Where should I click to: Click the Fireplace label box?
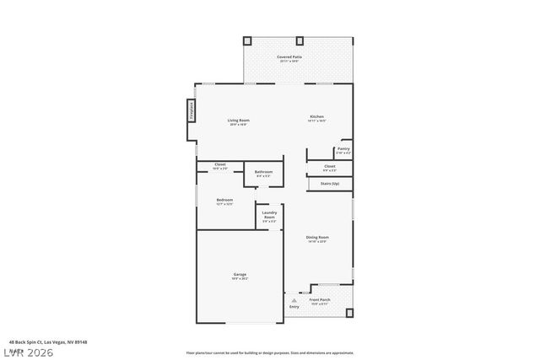pos(192,111)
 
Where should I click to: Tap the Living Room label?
pos(238,121)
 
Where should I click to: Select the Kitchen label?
pos(316,117)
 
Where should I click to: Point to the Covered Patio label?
pos(289,57)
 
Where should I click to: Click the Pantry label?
pos(343,149)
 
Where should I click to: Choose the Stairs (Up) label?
pos(330,183)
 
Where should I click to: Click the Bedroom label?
pos(224,200)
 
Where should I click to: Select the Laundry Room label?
pos(269,215)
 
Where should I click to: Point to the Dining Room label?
pos(317,238)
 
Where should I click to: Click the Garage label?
pos(240,275)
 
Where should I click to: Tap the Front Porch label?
pos(320,300)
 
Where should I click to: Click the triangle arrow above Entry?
pos(294,299)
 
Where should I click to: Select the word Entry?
pos(294,307)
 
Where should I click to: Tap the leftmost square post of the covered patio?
pos(247,40)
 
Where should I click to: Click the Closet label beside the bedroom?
pos(219,164)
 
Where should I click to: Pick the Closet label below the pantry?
pos(330,167)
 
